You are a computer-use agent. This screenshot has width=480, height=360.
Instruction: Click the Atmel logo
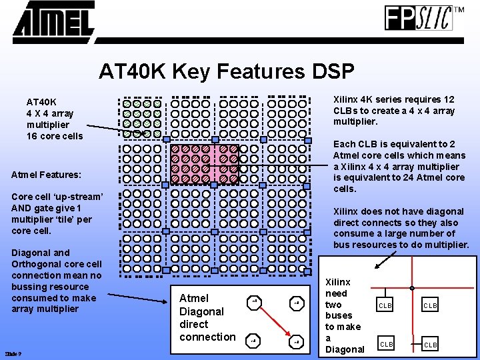53,21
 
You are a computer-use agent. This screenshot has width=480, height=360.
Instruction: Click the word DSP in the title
328,71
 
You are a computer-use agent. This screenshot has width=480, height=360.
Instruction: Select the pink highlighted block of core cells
204,163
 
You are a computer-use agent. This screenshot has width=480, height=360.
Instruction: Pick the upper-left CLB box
386,305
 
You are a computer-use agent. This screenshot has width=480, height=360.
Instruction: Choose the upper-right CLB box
430,305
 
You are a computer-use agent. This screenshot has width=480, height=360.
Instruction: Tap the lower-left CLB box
386,344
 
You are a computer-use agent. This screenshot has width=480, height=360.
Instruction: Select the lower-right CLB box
430,344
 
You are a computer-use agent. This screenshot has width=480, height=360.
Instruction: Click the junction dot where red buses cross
413,289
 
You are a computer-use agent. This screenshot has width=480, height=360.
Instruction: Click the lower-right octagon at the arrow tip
297,342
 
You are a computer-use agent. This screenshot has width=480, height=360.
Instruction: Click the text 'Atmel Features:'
47,175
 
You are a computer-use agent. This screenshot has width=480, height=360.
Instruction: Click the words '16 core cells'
55,136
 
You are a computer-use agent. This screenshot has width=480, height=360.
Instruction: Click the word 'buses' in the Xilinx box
339,315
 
